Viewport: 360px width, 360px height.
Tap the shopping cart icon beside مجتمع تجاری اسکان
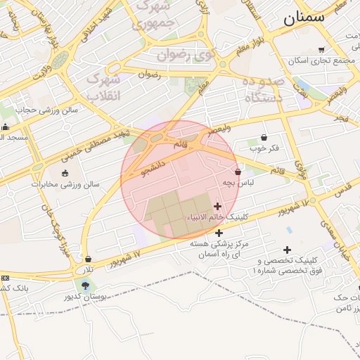[x=322, y=49]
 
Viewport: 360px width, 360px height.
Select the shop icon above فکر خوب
[x=264, y=137]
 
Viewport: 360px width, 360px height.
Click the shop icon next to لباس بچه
[x=238, y=172]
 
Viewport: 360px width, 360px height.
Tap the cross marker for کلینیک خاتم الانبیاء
[x=217, y=206]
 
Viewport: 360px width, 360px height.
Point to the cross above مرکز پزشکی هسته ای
[x=219, y=233]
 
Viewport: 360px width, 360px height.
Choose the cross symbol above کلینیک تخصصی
[x=287, y=250]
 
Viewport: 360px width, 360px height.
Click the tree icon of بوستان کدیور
[x=86, y=285]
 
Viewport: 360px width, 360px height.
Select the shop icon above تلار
[x=87, y=259]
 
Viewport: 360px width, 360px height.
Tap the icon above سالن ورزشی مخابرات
[x=65, y=173]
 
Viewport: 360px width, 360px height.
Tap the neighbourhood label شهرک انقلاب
[x=103, y=88]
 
